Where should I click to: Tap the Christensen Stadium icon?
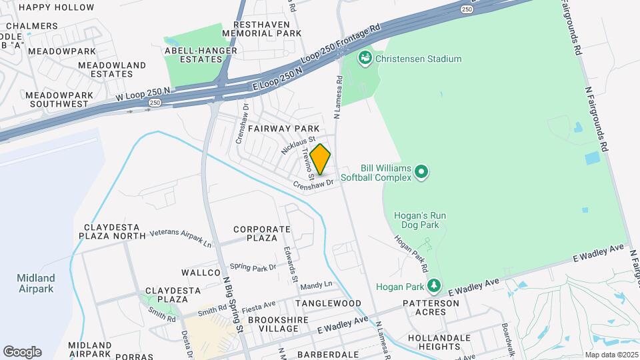(x=365, y=59)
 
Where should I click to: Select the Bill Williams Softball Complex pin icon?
(x=421, y=173)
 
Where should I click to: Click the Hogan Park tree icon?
(x=434, y=285)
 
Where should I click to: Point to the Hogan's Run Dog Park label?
(x=419, y=220)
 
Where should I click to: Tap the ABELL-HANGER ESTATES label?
(x=193, y=54)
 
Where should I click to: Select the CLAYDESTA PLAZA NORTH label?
(x=112, y=231)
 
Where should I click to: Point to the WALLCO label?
(x=201, y=273)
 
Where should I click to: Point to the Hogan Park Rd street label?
(x=410, y=254)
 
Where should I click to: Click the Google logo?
(x=22, y=352)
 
